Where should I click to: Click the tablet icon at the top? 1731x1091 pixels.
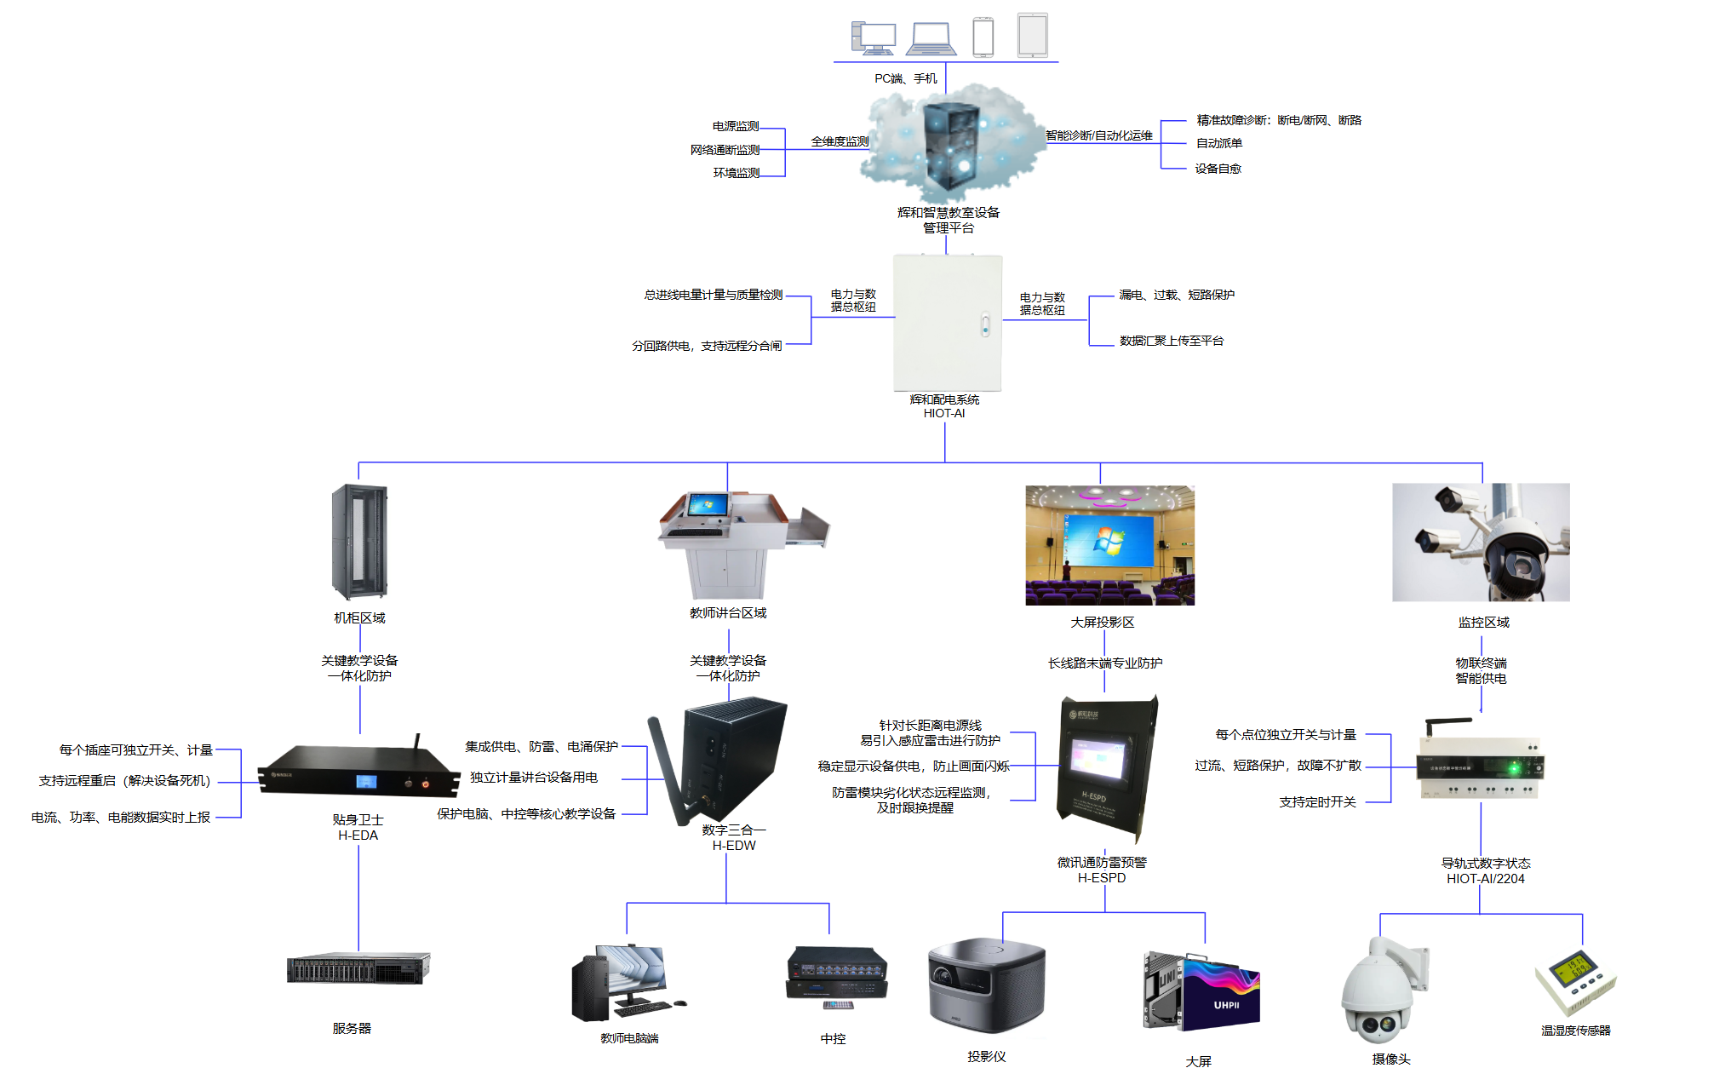tap(1032, 36)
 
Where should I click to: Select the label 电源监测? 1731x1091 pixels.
tap(736, 126)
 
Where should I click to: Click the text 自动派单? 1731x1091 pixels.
tap(1218, 143)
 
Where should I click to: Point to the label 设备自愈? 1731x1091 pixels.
tap(1218, 169)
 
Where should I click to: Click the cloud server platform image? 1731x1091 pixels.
tap(950, 145)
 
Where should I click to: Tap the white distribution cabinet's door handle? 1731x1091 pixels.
tap(985, 324)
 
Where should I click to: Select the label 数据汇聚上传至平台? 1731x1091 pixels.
tap(1171, 341)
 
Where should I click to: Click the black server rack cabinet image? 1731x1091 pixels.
tap(359, 541)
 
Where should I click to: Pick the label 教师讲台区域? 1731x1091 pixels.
tap(728, 613)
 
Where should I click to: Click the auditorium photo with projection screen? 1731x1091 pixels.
tap(1109, 545)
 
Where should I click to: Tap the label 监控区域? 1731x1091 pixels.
tap(1483, 623)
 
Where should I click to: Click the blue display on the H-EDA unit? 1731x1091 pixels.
tap(366, 782)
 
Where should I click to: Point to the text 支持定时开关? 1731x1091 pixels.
tap(1317, 802)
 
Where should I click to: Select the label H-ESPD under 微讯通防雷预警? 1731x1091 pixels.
tap(1102, 878)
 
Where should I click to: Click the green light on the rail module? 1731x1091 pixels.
tap(1514, 769)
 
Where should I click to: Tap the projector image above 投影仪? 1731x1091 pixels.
tap(986, 985)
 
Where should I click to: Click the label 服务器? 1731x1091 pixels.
tap(352, 1029)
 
